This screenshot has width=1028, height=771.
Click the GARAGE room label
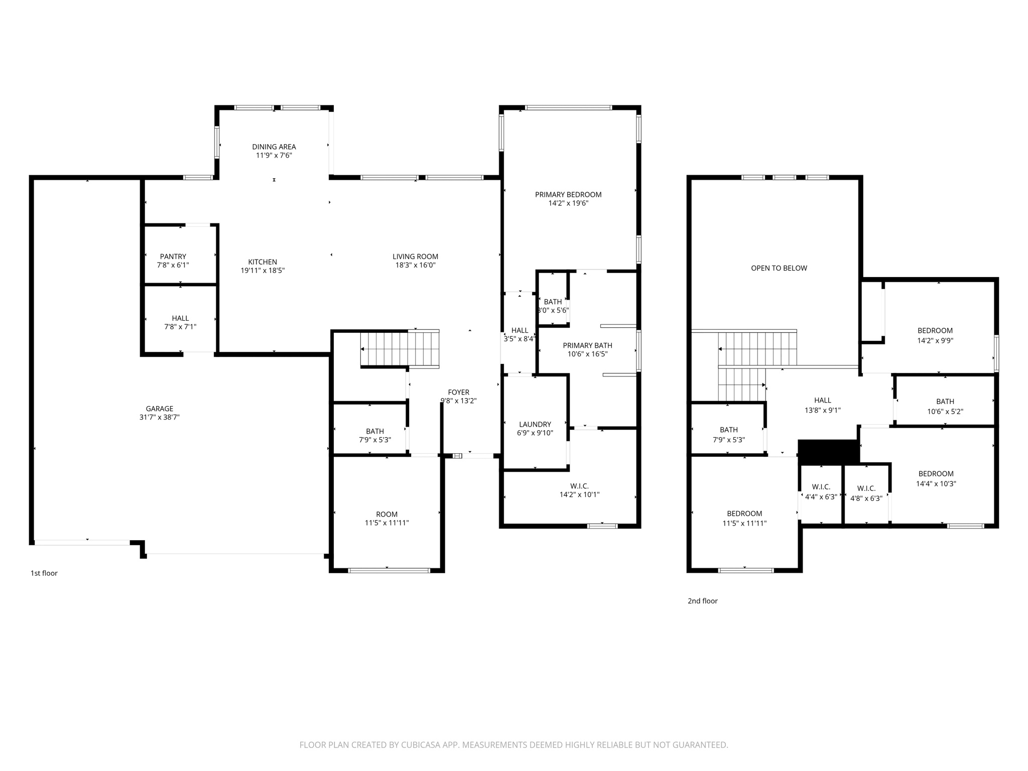point(159,409)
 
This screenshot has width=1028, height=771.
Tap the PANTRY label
point(173,256)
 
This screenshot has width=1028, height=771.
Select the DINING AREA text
point(274,147)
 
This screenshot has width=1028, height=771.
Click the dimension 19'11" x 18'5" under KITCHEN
point(263,271)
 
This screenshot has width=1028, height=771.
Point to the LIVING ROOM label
point(415,256)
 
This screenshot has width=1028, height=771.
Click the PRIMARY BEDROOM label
point(568,195)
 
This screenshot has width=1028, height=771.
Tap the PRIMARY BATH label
point(587,345)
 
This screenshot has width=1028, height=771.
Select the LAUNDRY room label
point(535,424)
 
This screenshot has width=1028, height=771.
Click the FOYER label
point(458,392)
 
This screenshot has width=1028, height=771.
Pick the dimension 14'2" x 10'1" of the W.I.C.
point(579,494)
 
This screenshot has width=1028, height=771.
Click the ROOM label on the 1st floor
point(387,514)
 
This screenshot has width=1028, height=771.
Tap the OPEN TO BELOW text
point(779,268)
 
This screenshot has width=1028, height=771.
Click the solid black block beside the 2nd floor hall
point(828,451)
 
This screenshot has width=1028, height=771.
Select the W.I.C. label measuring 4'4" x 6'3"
point(821,487)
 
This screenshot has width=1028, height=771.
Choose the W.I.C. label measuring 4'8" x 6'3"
point(866,488)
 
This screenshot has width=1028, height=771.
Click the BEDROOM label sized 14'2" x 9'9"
point(935,330)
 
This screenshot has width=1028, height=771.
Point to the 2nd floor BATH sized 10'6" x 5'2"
point(945,402)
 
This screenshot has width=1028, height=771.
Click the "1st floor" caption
point(44,573)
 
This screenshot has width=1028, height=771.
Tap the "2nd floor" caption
point(702,601)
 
